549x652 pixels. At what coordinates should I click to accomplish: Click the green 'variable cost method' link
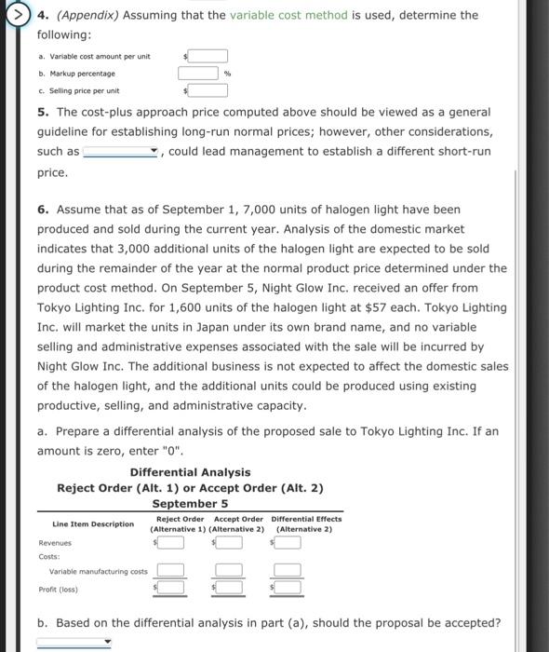click(288, 15)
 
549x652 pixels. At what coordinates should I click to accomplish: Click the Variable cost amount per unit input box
click(209, 56)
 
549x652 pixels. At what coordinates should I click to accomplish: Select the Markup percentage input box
click(199, 74)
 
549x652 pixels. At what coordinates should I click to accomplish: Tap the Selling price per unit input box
click(209, 91)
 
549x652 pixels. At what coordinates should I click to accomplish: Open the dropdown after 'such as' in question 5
click(121, 152)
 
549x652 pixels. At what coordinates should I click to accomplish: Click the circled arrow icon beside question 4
click(14, 16)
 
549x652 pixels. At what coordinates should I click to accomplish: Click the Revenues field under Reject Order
click(171, 543)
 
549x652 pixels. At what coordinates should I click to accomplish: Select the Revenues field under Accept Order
click(229, 543)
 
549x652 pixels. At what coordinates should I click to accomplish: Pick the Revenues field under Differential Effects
click(288, 543)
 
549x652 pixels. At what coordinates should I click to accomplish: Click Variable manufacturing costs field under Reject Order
click(169, 571)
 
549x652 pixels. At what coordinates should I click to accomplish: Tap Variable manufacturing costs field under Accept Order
click(227, 571)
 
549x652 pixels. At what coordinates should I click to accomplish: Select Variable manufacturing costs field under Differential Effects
click(287, 571)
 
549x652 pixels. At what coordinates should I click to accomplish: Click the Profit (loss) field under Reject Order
click(171, 588)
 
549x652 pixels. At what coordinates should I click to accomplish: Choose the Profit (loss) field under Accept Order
click(229, 588)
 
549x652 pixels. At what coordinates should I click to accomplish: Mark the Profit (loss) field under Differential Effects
click(288, 588)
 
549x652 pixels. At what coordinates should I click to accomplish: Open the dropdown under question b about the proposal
click(74, 642)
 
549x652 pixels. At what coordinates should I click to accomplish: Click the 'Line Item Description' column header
click(93, 524)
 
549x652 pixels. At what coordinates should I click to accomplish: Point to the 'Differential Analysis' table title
click(190, 472)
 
